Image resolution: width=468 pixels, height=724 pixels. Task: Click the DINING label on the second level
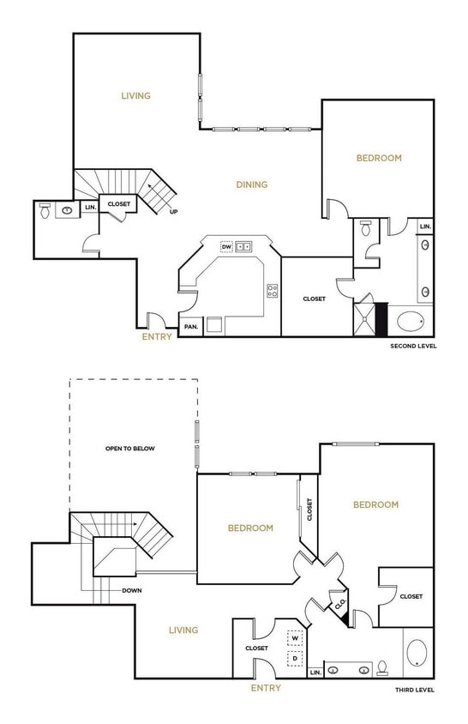point(252,184)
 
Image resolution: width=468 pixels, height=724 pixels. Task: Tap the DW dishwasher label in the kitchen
point(227,247)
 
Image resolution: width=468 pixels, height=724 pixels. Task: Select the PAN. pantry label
point(190,326)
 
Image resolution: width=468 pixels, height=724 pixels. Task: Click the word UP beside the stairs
point(174,212)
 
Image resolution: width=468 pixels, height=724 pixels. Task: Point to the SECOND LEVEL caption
point(414,347)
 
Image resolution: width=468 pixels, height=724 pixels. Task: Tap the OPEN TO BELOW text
point(130,449)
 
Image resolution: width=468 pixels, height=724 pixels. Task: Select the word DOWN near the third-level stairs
point(131,590)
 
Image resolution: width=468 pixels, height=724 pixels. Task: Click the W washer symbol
point(295,638)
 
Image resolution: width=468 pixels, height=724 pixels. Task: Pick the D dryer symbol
point(295,658)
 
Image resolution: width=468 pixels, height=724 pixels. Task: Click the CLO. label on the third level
point(339,603)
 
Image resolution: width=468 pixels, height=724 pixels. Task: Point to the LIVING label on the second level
point(135,95)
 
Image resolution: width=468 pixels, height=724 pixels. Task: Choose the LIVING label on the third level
point(183,630)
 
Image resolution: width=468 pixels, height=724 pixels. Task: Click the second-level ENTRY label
point(157,336)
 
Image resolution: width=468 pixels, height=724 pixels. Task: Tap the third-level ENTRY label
point(266,688)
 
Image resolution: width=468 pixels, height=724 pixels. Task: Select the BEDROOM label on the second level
point(379,158)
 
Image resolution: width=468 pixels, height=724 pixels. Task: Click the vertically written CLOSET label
point(309,510)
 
